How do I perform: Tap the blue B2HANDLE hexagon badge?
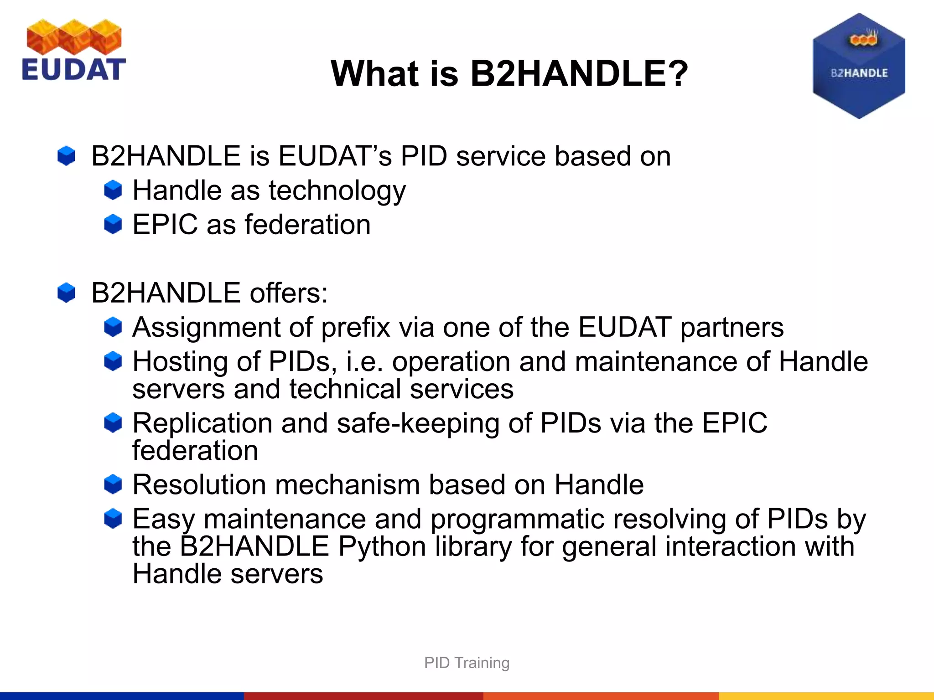click(859, 67)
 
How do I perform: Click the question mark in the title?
click(674, 74)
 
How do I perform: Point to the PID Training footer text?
click(467, 663)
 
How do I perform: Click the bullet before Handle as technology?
click(113, 190)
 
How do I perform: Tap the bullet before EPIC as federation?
click(113, 224)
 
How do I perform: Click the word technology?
click(337, 190)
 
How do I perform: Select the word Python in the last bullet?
click(382, 547)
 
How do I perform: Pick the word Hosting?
click(180, 362)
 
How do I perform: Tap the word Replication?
click(202, 423)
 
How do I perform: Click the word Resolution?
click(199, 484)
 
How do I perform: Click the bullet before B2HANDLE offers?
click(66, 292)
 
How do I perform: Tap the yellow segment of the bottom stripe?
click(826, 696)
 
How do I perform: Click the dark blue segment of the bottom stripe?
click(121, 696)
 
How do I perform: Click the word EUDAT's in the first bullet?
click(334, 156)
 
